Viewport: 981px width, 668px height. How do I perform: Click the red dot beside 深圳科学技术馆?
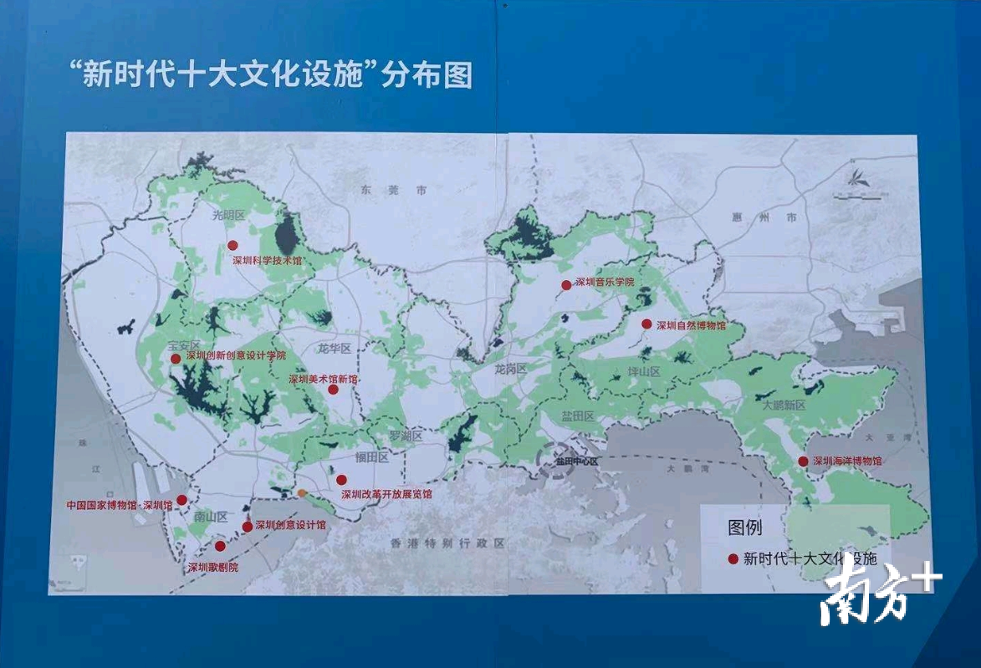232,245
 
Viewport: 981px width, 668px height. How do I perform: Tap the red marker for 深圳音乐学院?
566,284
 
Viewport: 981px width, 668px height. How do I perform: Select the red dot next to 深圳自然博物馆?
646,324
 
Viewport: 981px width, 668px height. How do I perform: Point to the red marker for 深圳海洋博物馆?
803,461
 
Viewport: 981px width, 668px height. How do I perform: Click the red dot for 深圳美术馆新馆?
333,390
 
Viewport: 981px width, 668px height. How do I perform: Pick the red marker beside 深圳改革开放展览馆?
341,479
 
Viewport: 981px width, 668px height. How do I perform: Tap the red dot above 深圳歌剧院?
220,546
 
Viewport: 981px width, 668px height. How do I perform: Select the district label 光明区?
227,215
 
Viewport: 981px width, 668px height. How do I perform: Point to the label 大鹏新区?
783,405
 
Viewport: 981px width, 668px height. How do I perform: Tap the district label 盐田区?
577,416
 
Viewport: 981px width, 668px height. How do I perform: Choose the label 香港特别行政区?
448,543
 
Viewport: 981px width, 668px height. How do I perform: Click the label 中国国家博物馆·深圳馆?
120,505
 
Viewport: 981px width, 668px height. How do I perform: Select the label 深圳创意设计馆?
290,525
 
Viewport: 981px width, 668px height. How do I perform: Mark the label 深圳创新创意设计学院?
236,355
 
